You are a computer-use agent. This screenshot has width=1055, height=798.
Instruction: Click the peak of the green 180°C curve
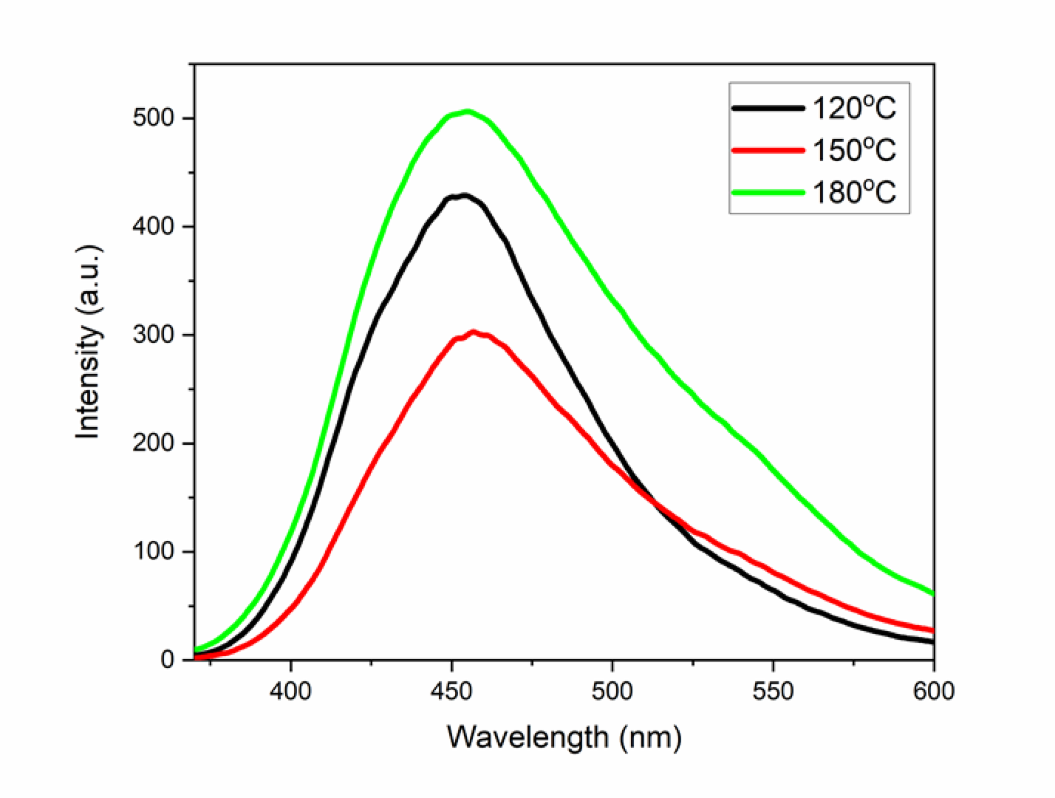(x=467, y=112)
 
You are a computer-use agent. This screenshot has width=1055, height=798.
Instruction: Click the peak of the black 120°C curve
(x=464, y=196)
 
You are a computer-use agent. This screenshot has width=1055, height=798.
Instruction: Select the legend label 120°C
(x=854, y=109)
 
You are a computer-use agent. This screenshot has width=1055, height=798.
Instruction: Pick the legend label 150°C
(x=854, y=151)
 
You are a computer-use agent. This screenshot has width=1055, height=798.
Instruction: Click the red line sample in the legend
(x=768, y=151)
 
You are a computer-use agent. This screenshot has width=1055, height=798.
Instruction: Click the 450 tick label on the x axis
(x=451, y=692)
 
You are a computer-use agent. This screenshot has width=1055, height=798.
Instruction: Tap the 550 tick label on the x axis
(x=774, y=692)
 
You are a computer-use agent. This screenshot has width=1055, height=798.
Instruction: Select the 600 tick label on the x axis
(x=934, y=692)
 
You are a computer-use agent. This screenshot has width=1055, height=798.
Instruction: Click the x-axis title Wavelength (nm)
(x=564, y=737)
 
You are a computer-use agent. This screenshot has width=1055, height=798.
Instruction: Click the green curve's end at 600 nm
(x=932, y=593)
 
